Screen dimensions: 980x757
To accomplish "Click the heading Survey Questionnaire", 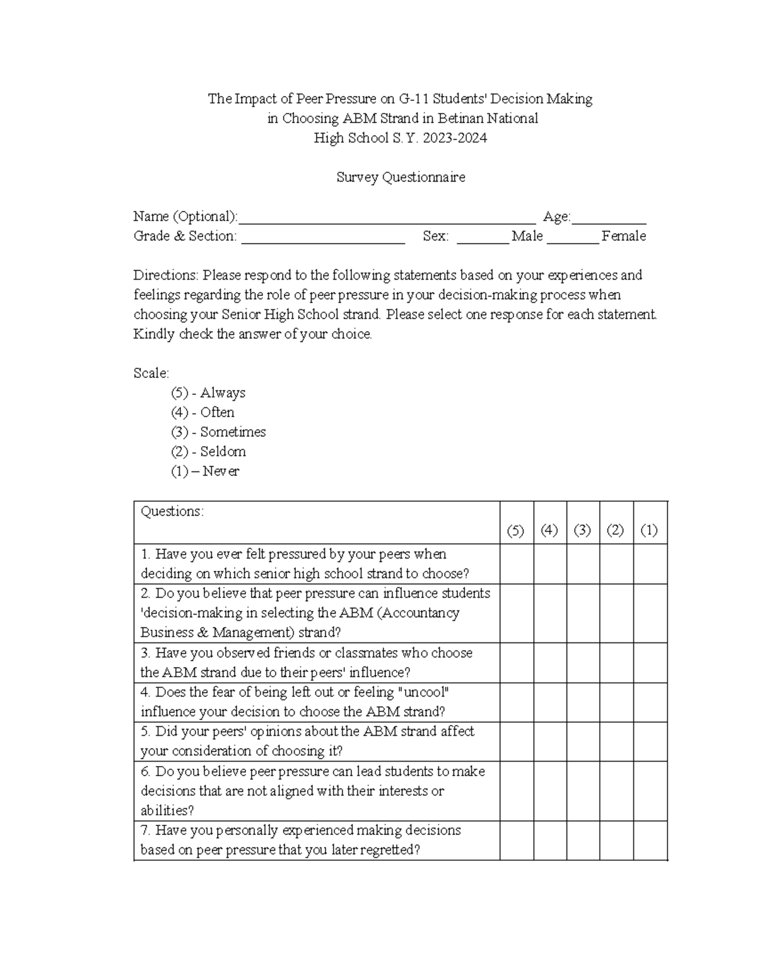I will pos(401,177).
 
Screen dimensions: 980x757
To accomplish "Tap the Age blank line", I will pos(609,221).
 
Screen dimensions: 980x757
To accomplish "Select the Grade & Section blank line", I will pos(323,240).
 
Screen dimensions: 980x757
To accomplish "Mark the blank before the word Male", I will pos(483,240).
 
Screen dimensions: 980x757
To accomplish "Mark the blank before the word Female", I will pos(573,240).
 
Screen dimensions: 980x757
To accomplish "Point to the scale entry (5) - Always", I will pos(208,393).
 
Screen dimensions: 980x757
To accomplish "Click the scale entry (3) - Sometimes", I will pos(218,432).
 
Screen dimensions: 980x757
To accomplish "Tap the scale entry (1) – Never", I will pos(205,471).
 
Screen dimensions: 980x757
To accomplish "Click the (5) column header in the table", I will pos(516,531).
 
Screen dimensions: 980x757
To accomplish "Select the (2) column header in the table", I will pos(616,531).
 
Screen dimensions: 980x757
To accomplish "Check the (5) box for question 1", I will pos(517,564).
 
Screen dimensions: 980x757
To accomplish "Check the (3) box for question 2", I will pos(583,613).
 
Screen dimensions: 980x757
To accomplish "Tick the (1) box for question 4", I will pos(650,702).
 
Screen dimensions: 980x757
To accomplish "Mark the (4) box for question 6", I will pos(550,791).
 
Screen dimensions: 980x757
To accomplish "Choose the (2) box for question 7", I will pos(616,840).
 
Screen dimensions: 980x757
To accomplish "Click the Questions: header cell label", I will pos(172,512).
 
